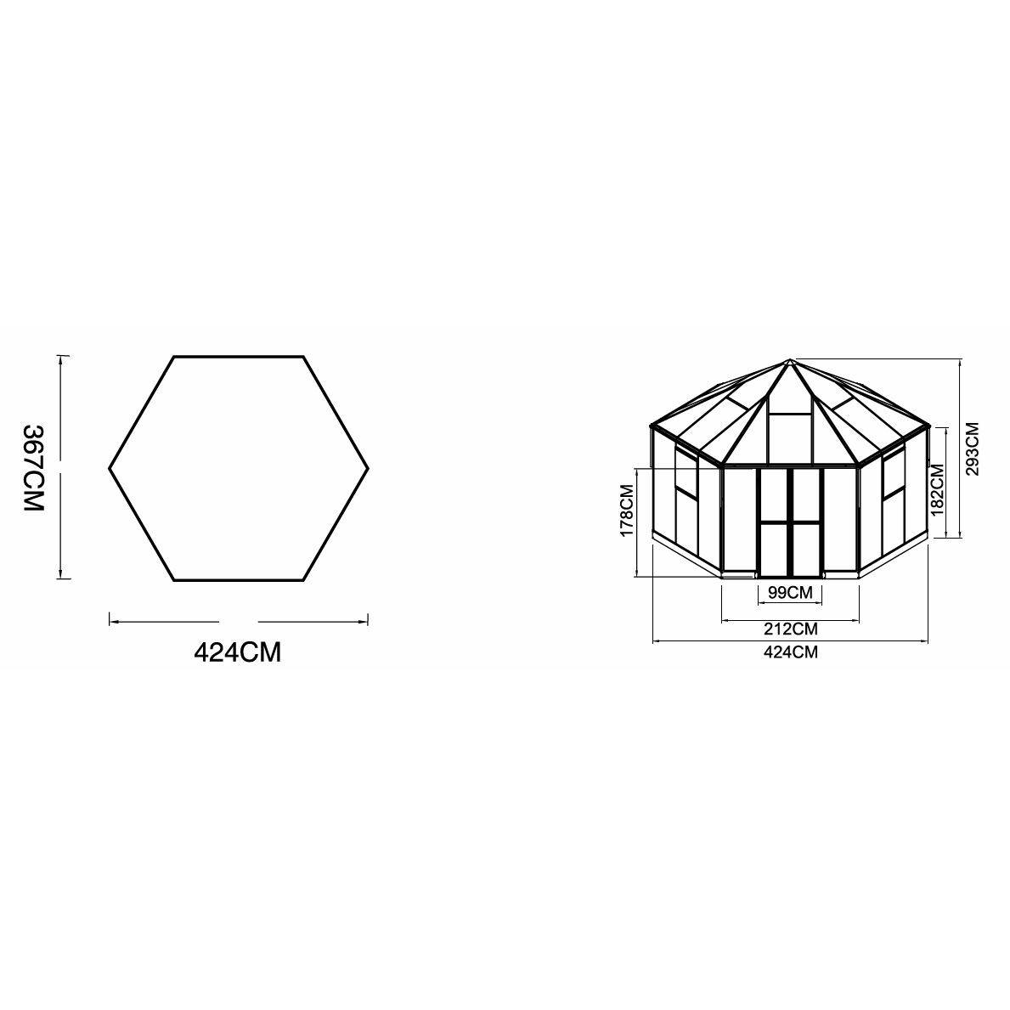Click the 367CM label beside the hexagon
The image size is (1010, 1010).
coord(32,467)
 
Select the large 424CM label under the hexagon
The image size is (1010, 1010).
coord(238,652)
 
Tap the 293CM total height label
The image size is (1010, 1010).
coord(973,449)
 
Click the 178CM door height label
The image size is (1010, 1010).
coord(627,511)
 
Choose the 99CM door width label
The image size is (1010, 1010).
coord(789,592)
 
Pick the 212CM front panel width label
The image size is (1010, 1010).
coord(790,629)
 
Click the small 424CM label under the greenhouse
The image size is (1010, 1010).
coord(790,652)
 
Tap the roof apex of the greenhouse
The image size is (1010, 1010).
coord(790,359)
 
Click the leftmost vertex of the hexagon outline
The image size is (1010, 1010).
coord(110,468)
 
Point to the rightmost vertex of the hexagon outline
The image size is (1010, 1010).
coord(369,468)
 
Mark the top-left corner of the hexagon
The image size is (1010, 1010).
coord(175,357)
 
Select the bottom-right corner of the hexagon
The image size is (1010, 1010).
coord(303,580)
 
